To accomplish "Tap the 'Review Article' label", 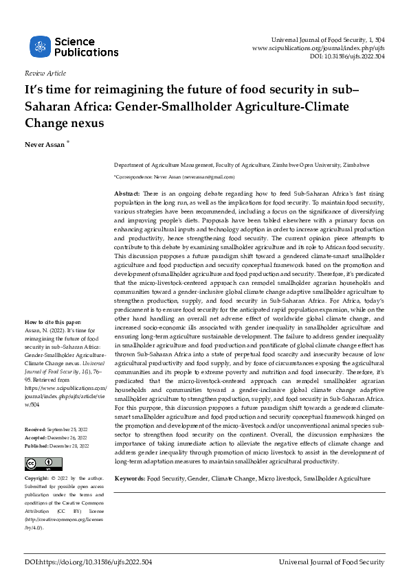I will (45, 73).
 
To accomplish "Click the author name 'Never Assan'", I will (44, 146).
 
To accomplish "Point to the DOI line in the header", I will (347, 57).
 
